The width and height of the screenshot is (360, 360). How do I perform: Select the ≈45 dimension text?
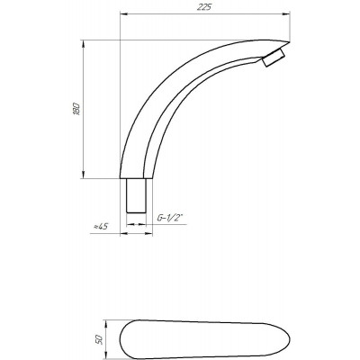[100, 227]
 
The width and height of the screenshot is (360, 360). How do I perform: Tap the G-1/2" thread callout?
[170, 218]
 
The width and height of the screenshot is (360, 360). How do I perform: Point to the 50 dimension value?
[99, 339]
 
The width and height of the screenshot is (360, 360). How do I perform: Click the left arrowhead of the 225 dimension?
[123, 13]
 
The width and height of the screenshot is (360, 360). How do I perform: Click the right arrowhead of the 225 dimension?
[287, 13]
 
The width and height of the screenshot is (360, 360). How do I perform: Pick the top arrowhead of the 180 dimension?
[83, 44]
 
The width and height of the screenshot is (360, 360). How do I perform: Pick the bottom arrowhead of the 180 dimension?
[83, 175]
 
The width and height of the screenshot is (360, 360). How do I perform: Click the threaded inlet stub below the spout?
[136, 195]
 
